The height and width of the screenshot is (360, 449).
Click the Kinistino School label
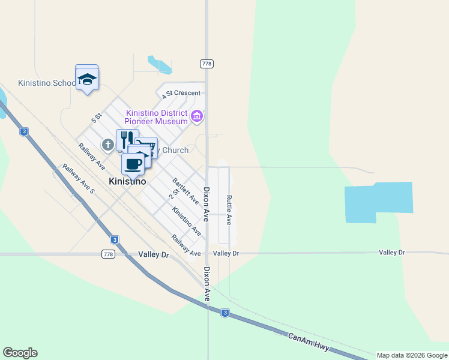[x=47, y=83]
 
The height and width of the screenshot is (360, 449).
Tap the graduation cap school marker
[x=88, y=79]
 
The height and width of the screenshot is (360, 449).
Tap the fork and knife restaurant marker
[x=127, y=140]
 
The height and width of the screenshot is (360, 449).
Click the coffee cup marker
[x=133, y=163]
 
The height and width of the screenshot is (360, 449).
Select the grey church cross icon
[x=108, y=144]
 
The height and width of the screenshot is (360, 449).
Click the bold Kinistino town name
[x=127, y=181]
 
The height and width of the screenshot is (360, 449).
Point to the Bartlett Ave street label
[x=185, y=190]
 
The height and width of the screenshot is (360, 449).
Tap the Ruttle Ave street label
[x=229, y=209]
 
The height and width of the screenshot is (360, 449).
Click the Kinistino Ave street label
[x=186, y=221]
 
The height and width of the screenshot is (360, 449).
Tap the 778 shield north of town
[x=206, y=64]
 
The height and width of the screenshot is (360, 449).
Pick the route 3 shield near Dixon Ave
[x=224, y=313]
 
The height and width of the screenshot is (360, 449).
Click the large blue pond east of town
[x=378, y=201]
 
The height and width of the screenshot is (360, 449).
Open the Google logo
[x=20, y=353]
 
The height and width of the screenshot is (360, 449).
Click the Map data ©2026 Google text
[x=412, y=355]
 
